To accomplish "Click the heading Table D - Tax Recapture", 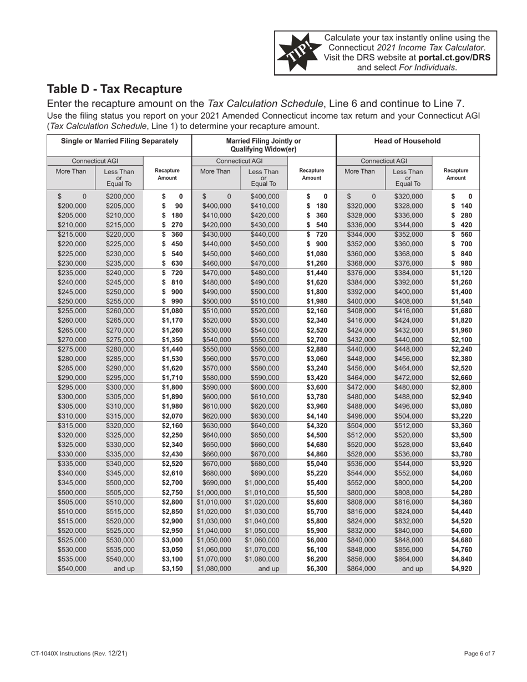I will point(114,89).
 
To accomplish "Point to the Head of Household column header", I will point(408,141).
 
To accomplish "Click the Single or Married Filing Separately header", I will point(119,141).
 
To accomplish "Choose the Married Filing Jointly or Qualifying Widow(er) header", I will point(263,145).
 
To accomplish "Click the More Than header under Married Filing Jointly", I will point(215,172).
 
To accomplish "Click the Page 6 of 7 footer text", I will point(479,654).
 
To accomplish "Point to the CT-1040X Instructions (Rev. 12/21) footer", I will point(79,654).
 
